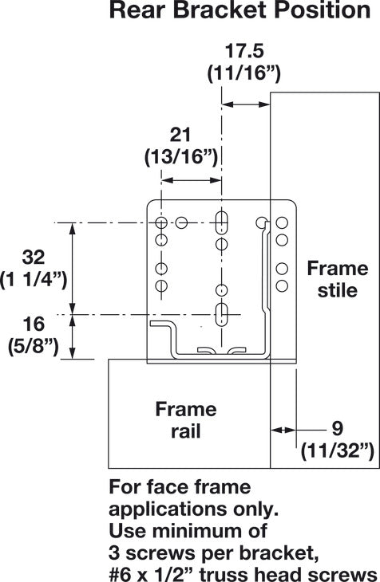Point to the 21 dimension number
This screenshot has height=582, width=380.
(181, 133)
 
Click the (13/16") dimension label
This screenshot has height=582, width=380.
(181, 156)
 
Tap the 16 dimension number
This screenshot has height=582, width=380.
(33, 324)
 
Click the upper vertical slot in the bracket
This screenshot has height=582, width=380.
(224, 222)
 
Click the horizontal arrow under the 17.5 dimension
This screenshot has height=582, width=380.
(246, 104)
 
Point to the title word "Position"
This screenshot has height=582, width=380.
(310, 11)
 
